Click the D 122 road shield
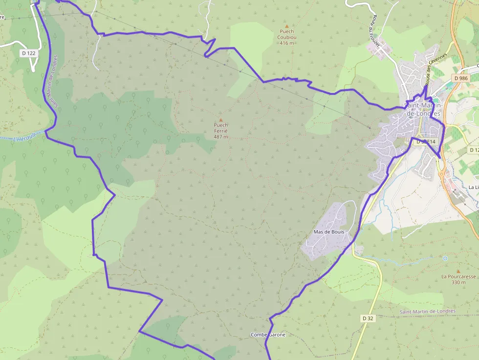pyautogui.click(x=29, y=53)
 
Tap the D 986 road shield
pyautogui.click(x=460, y=78)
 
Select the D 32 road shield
pyautogui.click(x=368, y=318)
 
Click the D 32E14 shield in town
pyautogui.click(x=425, y=142)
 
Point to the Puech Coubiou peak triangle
pyautogui.click(x=287, y=26)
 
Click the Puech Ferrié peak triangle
pyautogui.click(x=220, y=120)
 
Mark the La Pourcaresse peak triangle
pyautogui.click(x=458, y=271)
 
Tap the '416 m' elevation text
pyautogui.click(x=287, y=43)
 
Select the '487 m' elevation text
pyautogui.click(x=220, y=137)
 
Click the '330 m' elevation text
pyautogui.click(x=458, y=282)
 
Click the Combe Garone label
pyautogui.click(x=267, y=335)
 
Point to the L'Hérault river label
pyautogui.click(x=24, y=137)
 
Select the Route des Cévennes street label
pyautogui.click(x=436, y=70)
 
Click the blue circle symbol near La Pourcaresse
pyautogui.click(x=445, y=258)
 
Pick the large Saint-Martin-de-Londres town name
pyautogui.click(x=423, y=110)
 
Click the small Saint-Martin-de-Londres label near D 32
pyautogui.click(x=427, y=311)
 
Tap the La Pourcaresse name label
pyautogui.click(x=458, y=276)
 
